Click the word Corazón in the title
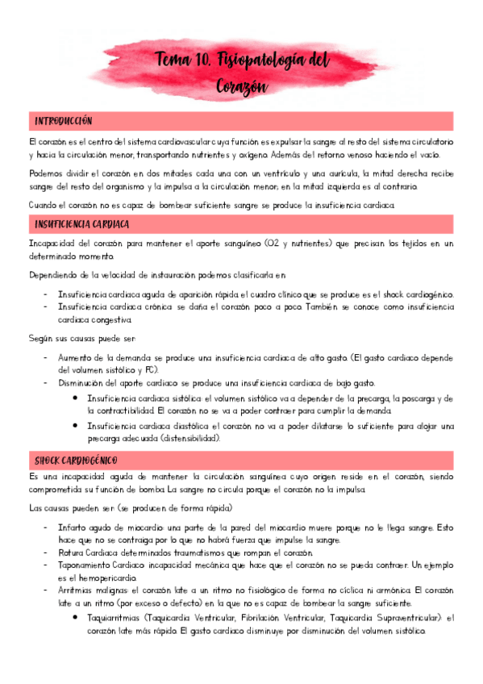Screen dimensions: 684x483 (242, 85)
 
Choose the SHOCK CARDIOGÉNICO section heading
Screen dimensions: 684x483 (77, 459)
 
